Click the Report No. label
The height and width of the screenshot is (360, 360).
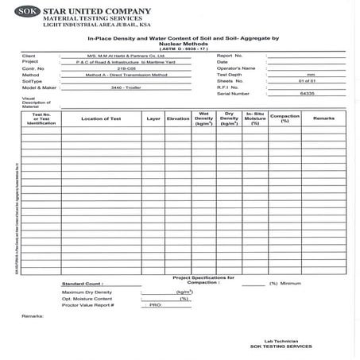[x=229, y=56]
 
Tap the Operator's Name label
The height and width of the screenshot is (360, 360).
[x=235, y=68]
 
